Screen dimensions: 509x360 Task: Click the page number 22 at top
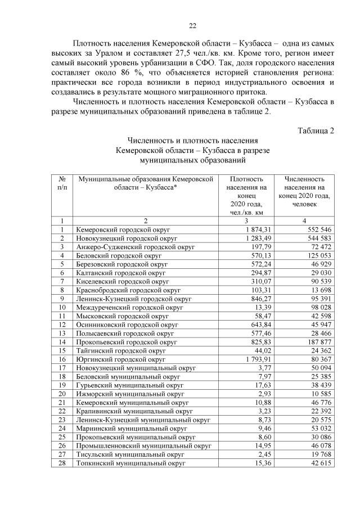point(192,25)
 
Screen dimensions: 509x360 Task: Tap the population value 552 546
point(319,229)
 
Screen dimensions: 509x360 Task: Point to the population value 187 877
point(319,341)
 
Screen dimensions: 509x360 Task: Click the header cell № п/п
point(62,183)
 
